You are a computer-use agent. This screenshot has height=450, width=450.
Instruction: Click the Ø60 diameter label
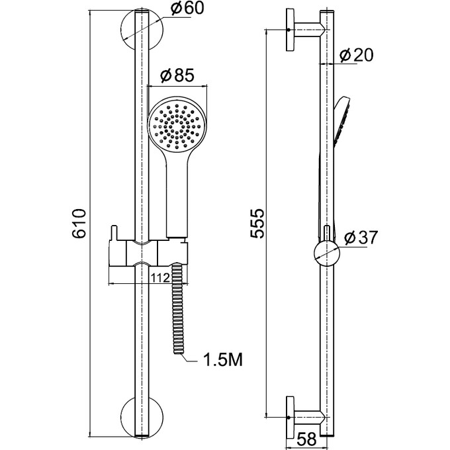pos(187,8)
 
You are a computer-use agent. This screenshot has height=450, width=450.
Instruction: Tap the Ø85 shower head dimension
pos(177,75)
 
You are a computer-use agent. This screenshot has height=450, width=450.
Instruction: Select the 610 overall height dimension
pos(79,224)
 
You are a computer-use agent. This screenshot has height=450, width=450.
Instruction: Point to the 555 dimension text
pos(257,224)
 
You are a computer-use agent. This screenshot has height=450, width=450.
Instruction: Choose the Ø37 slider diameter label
pos(361,238)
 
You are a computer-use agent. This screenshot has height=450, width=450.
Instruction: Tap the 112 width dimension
pos(160,277)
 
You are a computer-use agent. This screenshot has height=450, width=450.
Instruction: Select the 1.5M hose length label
pos(223,359)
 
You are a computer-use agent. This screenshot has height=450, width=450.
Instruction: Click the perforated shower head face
pos(177,126)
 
